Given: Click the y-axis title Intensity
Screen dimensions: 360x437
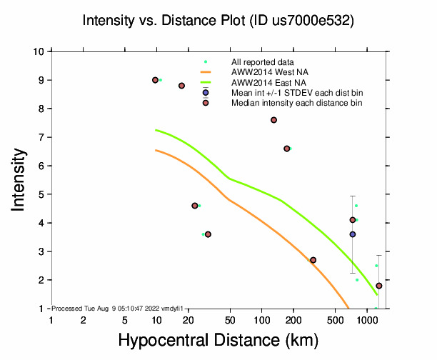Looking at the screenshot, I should point(20,179).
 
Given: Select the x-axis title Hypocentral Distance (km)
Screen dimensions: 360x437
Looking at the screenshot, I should point(218,341).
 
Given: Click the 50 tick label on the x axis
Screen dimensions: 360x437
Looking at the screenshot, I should point(230,321).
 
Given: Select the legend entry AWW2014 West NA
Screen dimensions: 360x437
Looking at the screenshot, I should point(263,72).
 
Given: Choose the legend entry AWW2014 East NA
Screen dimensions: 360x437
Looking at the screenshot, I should point(263,82).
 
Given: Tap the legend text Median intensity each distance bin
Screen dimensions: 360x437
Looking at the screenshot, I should point(296,103).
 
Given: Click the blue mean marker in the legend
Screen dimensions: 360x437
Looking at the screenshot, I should point(206,92).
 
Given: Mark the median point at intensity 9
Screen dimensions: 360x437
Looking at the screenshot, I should point(155,80).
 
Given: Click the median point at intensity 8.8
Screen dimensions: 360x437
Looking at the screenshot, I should point(182,86).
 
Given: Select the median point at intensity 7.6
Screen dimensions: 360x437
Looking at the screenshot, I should point(273,120).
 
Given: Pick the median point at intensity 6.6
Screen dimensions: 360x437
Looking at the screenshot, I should point(286,149).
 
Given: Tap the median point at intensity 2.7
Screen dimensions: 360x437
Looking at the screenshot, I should point(313,260).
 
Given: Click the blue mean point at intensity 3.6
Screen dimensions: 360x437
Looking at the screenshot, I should point(352,234).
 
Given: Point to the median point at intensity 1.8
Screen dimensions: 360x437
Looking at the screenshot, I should point(379,286).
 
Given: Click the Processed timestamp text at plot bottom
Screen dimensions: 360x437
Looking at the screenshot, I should point(113,308).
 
